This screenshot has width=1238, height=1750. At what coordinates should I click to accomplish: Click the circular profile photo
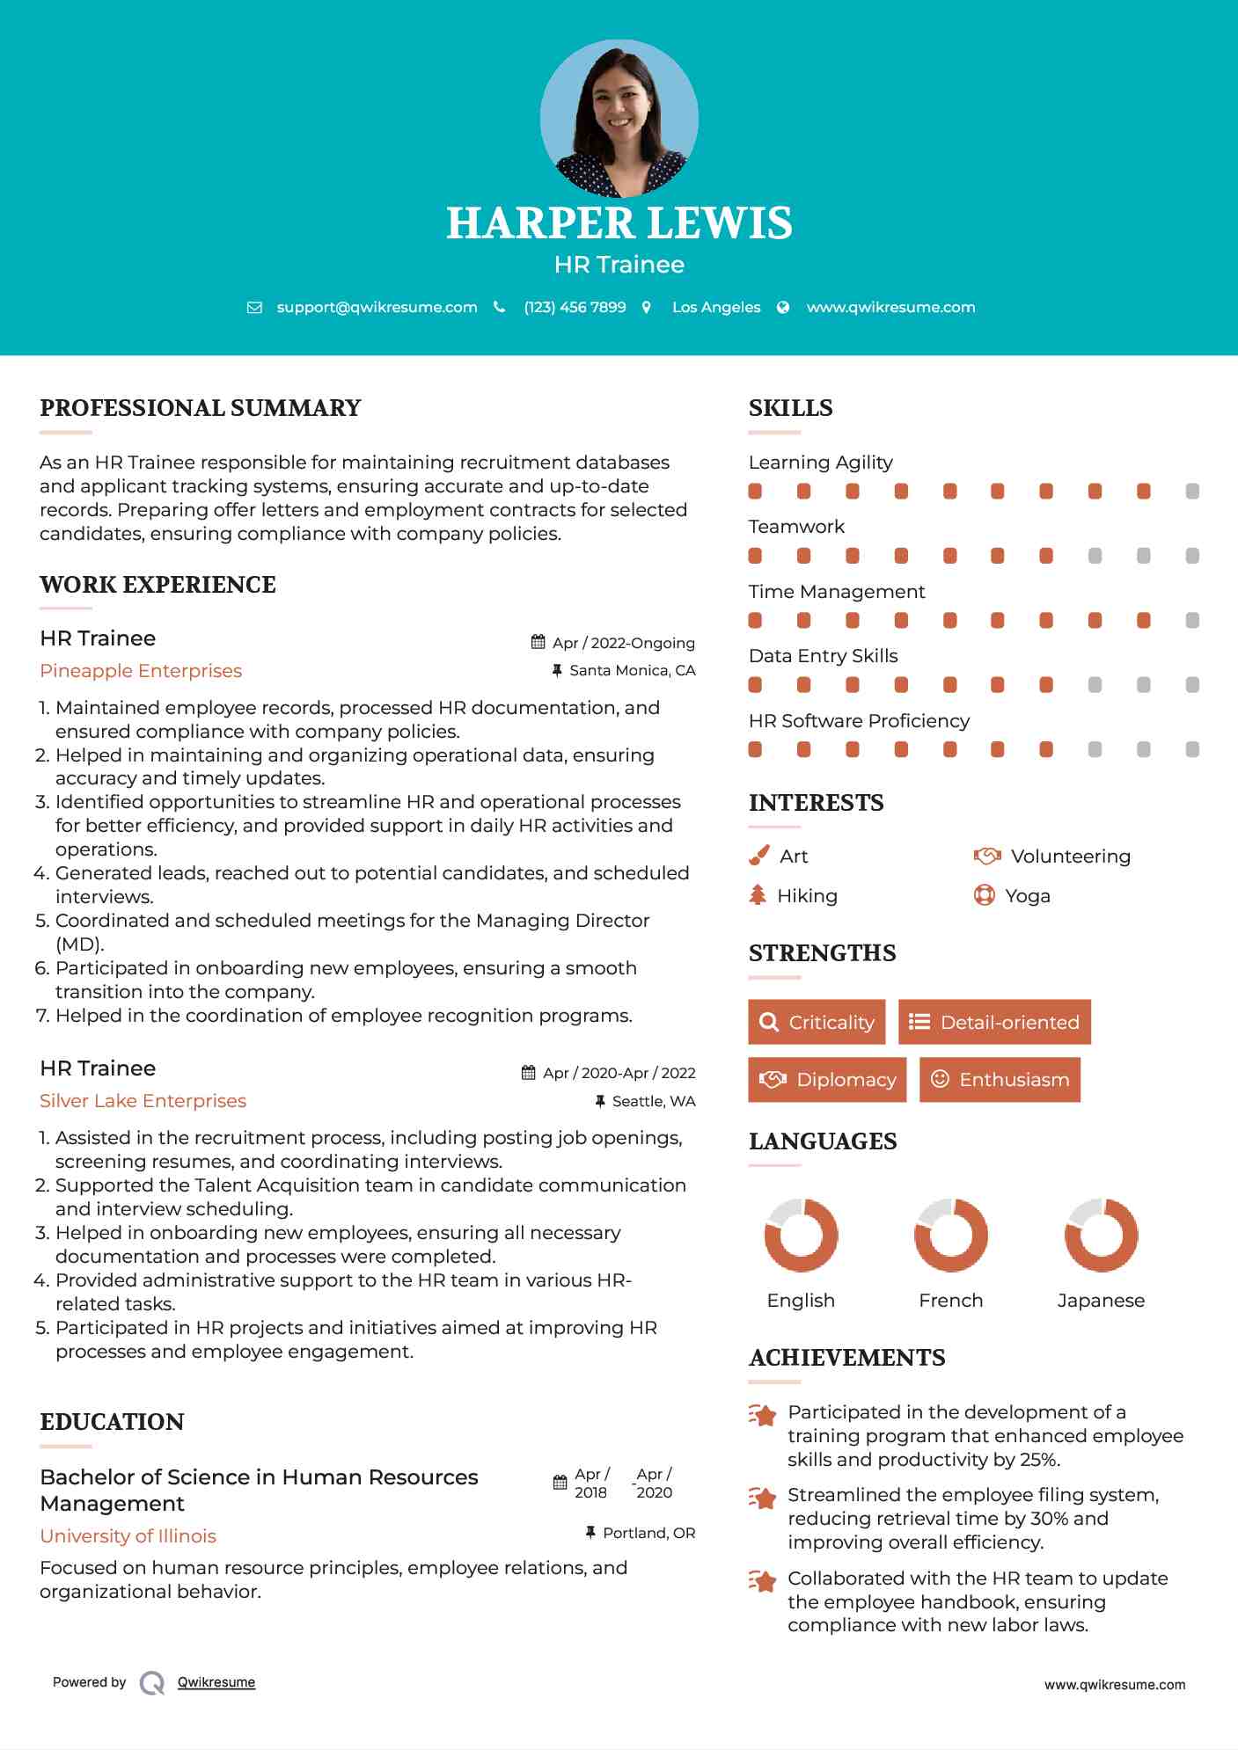[619, 118]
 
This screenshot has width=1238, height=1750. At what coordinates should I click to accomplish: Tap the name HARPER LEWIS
[619, 223]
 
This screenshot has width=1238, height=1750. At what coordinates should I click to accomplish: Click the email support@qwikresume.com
[377, 307]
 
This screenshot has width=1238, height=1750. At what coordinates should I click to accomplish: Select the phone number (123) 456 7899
[575, 307]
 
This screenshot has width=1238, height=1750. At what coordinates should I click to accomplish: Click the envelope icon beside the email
[254, 308]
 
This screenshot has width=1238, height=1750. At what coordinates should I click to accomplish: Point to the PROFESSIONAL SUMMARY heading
[201, 408]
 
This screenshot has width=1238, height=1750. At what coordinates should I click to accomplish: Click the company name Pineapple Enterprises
[141, 671]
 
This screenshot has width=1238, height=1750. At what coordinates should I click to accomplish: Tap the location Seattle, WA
[653, 1101]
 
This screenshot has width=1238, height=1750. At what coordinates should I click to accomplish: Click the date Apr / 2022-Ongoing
[623, 643]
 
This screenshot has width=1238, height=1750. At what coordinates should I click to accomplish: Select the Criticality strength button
[817, 1022]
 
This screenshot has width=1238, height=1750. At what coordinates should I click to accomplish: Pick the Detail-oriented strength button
[994, 1022]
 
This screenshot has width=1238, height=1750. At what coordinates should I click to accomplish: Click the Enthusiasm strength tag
[1000, 1079]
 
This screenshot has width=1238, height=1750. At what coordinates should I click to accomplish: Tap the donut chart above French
[950, 1235]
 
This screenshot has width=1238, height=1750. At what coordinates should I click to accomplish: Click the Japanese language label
[1101, 1301]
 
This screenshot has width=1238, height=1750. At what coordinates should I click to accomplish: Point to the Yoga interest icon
[984, 895]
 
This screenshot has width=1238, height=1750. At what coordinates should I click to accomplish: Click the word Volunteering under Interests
[1070, 857]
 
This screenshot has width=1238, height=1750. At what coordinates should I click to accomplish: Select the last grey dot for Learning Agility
[1192, 491]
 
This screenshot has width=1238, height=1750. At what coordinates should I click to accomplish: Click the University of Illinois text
[128, 1536]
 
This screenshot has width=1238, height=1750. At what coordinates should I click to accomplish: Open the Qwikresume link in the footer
[216, 1682]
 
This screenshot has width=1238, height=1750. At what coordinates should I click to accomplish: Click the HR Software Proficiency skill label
[859, 721]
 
